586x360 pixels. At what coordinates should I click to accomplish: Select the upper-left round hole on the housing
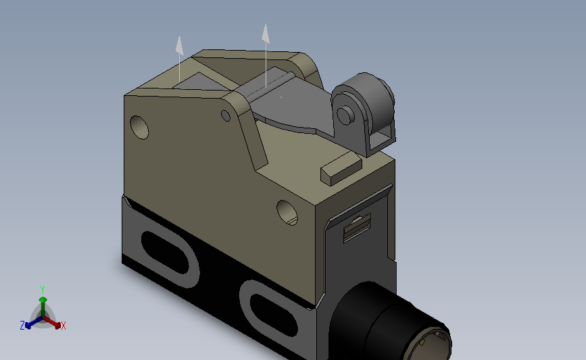tap(139, 126)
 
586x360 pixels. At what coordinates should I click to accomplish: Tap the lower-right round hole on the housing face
tap(287, 212)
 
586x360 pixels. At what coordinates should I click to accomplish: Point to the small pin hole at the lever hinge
tap(226, 115)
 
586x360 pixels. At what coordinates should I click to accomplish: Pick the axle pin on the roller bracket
tap(344, 115)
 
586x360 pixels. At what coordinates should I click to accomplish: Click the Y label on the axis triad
tap(43, 288)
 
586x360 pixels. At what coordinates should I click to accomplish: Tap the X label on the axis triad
tap(64, 326)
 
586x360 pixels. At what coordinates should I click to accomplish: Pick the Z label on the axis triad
tap(22, 326)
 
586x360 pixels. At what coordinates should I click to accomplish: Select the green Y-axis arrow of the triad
tap(43, 303)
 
